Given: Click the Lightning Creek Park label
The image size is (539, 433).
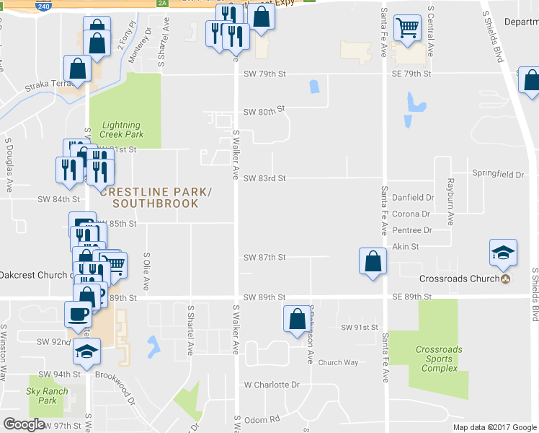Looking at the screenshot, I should [122, 129].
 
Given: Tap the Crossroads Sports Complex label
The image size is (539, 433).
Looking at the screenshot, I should [439, 359].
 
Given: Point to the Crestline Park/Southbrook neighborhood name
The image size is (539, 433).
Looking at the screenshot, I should [156, 198].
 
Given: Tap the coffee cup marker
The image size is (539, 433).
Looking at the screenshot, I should [78, 315].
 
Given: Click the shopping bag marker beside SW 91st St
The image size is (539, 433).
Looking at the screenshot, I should [297, 319].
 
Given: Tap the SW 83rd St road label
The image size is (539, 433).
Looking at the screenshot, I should [264, 178].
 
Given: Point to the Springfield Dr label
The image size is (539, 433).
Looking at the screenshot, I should [497, 174].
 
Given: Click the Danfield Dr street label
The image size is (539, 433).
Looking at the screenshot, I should [413, 197].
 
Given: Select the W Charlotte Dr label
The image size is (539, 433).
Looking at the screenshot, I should [271, 385].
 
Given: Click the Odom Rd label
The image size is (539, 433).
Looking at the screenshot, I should [262, 419].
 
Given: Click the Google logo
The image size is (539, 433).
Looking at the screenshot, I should [24, 424].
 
